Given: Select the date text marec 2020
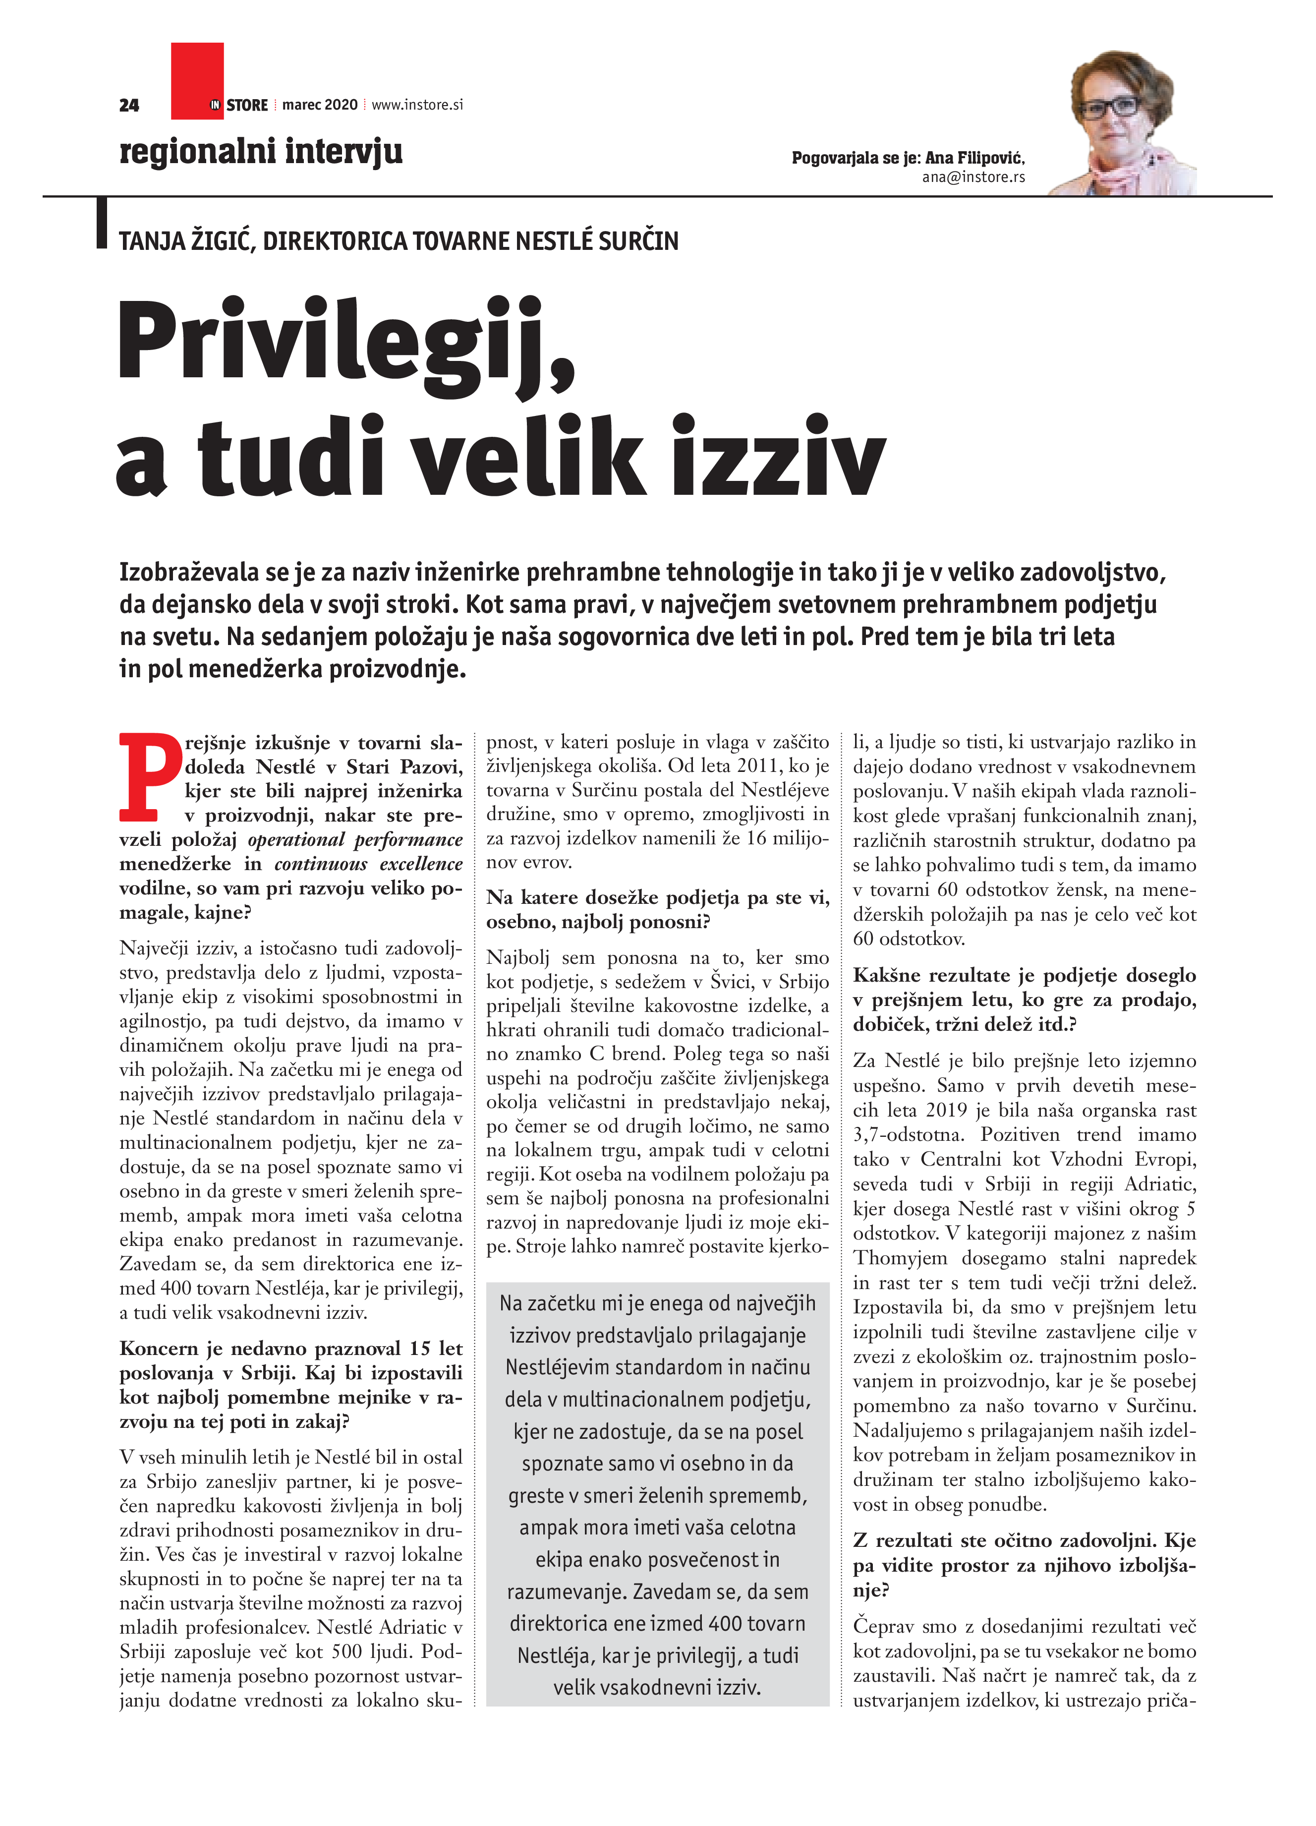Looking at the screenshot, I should (x=320, y=105).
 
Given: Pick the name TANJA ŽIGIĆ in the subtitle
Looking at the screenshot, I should (x=187, y=241).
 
